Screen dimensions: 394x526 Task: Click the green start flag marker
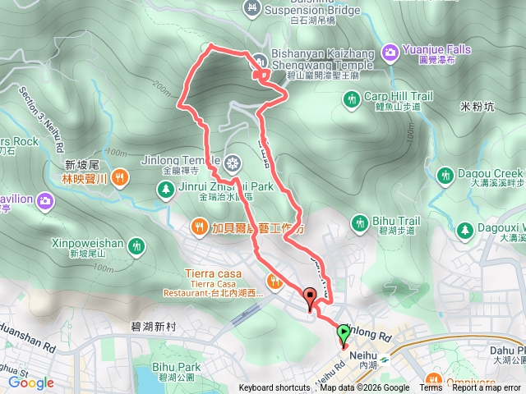click(x=343, y=332)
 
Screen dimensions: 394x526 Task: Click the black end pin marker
click(x=310, y=297)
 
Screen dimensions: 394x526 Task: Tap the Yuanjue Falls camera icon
click(x=391, y=52)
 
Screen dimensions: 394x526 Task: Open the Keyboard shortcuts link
click(x=275, y=388)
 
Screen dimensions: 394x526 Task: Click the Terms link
click(x=431, y=388)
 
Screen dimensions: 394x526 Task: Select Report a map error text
click(x=487, y=388)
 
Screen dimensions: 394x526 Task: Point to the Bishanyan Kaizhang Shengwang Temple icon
click(x=258, y=60)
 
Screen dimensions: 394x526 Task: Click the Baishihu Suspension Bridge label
click(x=308, y=10)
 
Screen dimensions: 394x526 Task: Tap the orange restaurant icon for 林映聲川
click(x=121, y=176)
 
